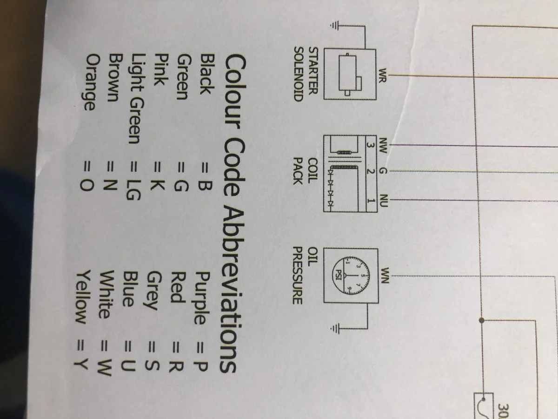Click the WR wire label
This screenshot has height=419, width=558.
384,74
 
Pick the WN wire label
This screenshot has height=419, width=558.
384,274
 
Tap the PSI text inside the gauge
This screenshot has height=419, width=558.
339,272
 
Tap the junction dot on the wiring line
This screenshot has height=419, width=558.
482,320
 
